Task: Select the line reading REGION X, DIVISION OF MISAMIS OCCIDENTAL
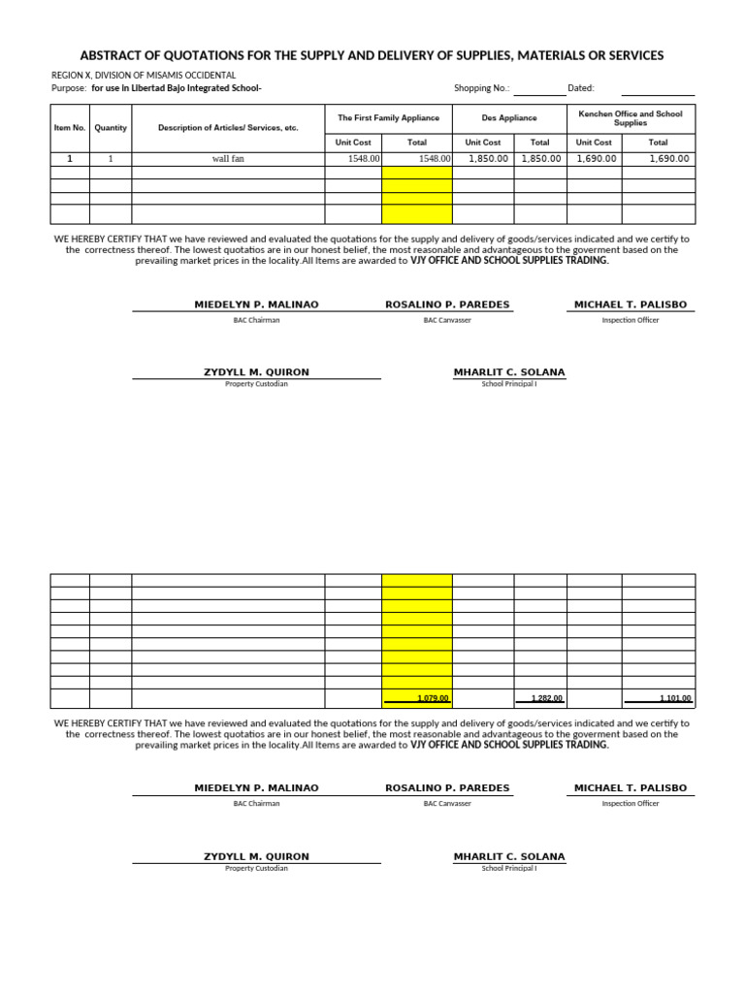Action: click(144, 75)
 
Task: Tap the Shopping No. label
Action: click(481, 88)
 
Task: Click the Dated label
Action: click(580, 88)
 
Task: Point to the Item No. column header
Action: click(70, 128)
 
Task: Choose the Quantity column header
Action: click(111, 128)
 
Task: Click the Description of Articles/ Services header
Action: click(228, 128)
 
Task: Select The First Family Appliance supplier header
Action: click(388, 118)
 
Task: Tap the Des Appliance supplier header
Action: click(509, 118)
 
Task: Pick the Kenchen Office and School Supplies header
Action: click(631, 118)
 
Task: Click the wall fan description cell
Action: click(228, 159)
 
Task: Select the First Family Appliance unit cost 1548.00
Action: click(363, 159)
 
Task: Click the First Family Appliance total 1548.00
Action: click(434, 159)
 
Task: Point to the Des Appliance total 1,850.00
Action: click(540, 159)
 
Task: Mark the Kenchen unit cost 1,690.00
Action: click(597, 159)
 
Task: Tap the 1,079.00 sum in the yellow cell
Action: click(432, 698)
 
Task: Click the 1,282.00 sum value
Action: click(546, 698)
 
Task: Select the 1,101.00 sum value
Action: click(675, 698)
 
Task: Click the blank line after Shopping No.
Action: click(539, 90)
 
